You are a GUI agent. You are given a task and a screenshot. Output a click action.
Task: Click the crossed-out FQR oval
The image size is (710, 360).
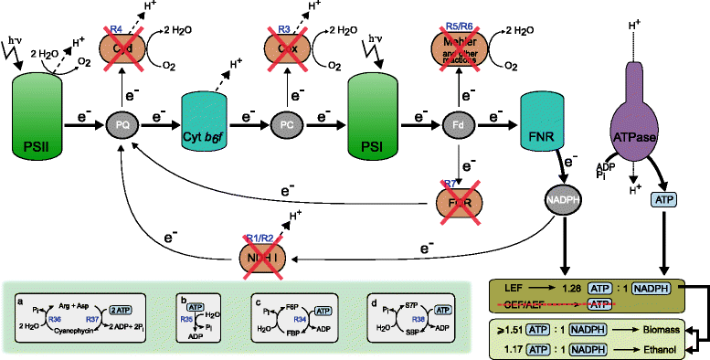coord(461,196)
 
